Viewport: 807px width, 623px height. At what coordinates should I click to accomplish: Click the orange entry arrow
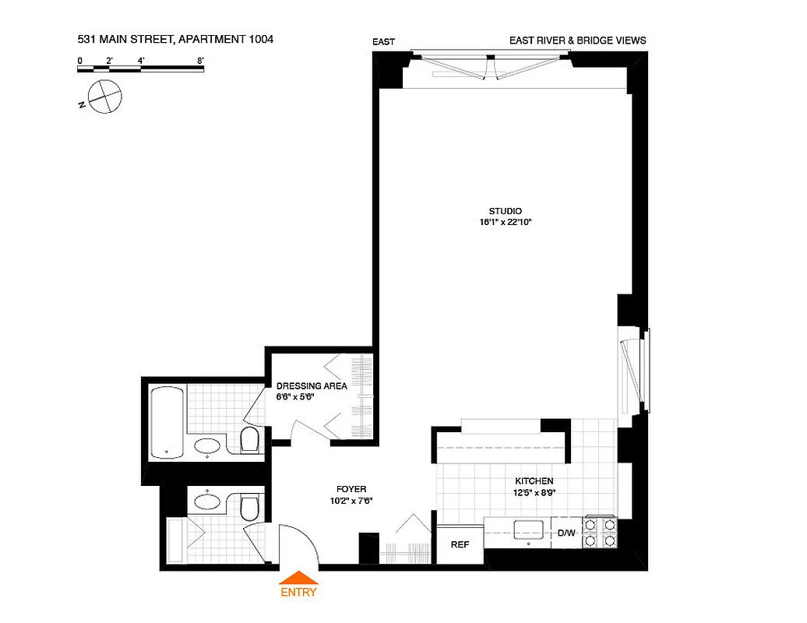[x=298, y=577]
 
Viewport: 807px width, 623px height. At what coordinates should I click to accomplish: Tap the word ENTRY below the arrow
[x=298, y=592]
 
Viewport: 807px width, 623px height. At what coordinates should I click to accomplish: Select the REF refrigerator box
[x=460, y=544]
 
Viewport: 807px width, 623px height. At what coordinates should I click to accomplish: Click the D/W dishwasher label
[x=566, y=533]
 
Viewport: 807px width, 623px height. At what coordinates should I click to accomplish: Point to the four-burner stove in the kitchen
[x=600, y=533]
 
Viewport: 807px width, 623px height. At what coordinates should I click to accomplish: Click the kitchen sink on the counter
[x=528, y=530]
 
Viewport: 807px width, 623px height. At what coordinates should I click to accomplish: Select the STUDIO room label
[x=505, y=211]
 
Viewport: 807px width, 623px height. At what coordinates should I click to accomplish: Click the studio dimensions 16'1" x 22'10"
[x=509, y=223]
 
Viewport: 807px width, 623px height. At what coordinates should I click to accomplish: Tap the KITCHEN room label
[x=534, y=481]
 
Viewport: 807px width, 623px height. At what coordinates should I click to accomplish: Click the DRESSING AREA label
[x=312, y=385]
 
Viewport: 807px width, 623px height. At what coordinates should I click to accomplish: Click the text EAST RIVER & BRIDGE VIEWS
[x=577, y=40]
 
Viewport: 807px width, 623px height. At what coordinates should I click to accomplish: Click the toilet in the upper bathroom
[x=249, y=442]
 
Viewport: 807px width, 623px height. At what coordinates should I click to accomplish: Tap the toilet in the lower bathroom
[x=249, y=508]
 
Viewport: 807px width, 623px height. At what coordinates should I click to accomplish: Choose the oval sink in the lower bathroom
[x=208, y=501]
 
